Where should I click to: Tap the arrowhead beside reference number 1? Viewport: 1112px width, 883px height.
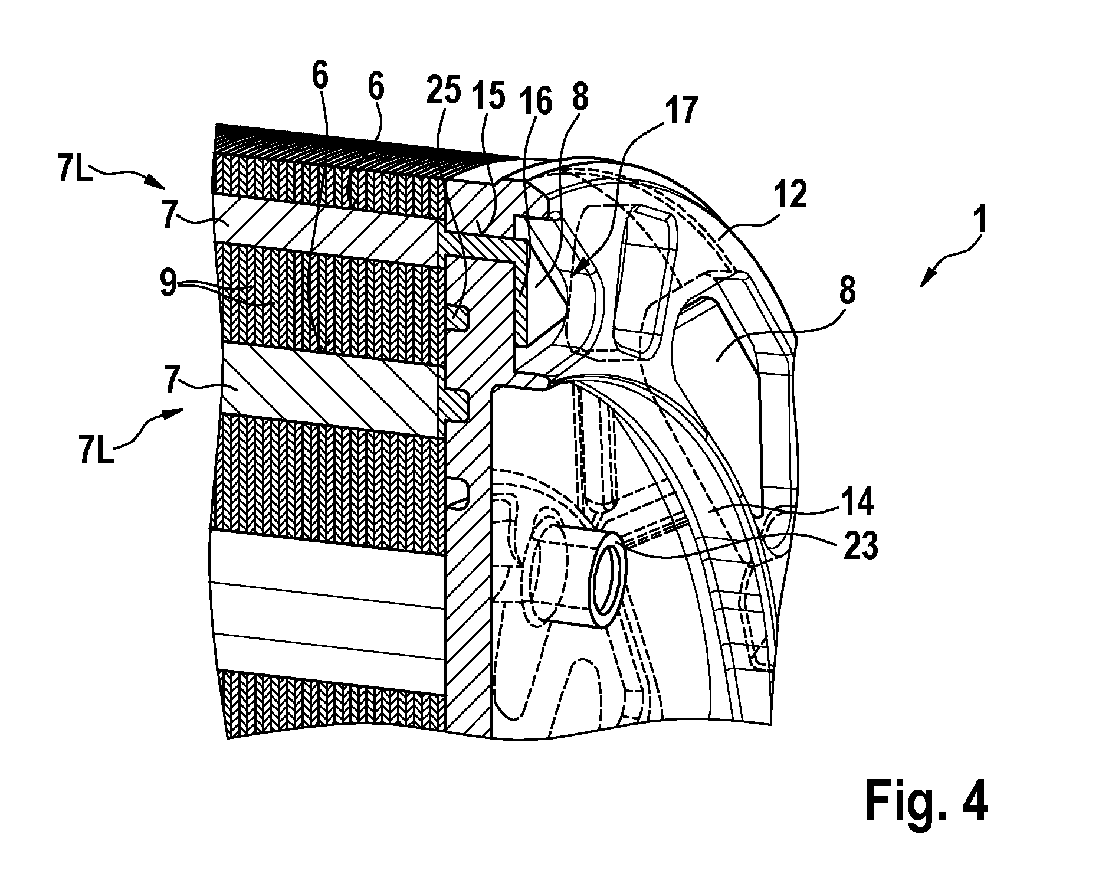926,283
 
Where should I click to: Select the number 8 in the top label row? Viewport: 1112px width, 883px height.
580,96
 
